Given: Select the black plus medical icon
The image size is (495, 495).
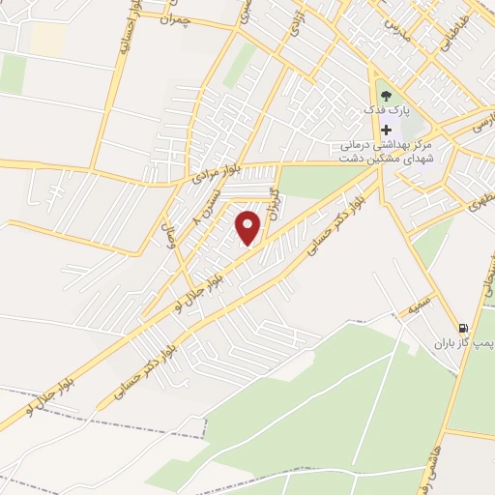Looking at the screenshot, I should [x=387, y=130].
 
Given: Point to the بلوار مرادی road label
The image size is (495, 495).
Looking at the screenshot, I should [x=213, y=173].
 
